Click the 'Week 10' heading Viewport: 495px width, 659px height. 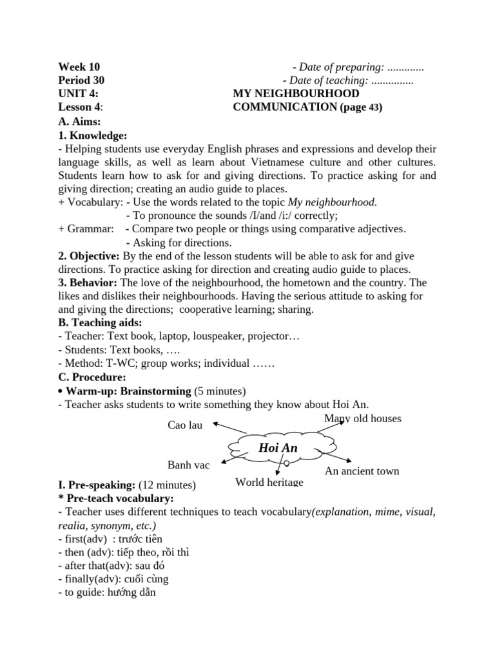coord(79,67)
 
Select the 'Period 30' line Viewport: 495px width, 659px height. coord(81,80)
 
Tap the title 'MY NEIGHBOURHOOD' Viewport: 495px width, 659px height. coord(296,94)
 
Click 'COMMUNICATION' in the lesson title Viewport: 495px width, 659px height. coord(284,107)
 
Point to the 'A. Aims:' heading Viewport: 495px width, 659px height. coord(79,121)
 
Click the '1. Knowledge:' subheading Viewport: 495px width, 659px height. coord(92,135)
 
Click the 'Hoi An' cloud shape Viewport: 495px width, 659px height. coord(278,448)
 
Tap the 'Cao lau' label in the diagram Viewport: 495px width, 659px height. coord(185,425)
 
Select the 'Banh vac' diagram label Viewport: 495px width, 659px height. coord(188,465)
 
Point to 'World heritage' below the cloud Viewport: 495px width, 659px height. coord(269,482)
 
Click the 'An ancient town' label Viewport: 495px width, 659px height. coord(362,471)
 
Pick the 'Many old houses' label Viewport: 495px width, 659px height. coord(362,419)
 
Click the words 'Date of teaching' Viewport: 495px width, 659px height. coord(329,80)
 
